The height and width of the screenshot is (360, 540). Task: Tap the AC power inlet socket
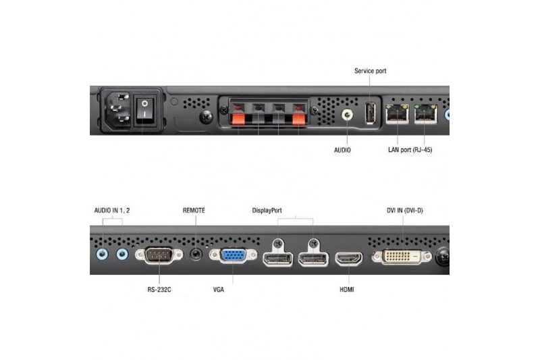point(119,109)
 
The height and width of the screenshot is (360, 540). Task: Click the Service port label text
point(370,71)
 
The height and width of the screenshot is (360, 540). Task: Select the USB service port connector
point(370,113)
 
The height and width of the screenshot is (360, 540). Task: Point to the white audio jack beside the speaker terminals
point(347,115)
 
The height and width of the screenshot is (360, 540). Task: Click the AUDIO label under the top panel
point(342,150)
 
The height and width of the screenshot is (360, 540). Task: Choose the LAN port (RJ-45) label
point(410,150)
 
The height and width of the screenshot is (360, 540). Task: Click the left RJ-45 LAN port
point(398,113)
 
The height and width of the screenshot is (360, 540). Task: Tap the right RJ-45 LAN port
point(426,113)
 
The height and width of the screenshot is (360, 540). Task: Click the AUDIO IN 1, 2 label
point(112,211)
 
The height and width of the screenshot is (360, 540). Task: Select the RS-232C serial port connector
point(159,255)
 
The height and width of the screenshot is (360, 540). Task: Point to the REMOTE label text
point(194,211)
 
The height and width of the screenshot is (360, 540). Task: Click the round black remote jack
point(196,255)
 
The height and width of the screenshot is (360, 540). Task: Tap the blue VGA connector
point(233,255)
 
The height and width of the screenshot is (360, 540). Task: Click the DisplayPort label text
point(267,211)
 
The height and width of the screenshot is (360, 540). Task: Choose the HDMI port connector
point(349,259)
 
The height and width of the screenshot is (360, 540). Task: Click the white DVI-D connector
point(402,257)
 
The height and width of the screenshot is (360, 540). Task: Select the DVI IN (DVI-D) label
point(404,211)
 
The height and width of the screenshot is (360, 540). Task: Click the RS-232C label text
point(159,290)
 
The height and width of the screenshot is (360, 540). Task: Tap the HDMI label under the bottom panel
point(347,290)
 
